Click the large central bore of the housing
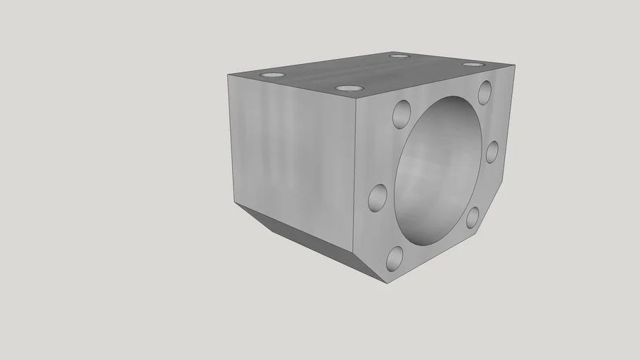tap(437, 172)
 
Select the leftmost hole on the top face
tap(272, 75)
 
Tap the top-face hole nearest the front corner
tap(349, 88)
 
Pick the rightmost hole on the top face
tap(473, 64)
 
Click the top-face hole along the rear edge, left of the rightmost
tap(399, 56)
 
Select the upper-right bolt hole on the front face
tap(485, 91)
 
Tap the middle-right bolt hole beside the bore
tap(492, 151)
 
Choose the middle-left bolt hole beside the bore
tap(378, 197)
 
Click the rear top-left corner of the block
tap(229, 75)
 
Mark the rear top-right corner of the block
tap(516, 65)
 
